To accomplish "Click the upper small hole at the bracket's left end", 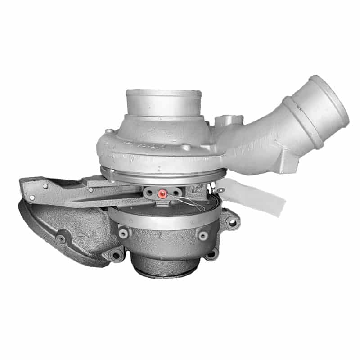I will coord(45,185).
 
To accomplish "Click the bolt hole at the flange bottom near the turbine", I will coord(116,256).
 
